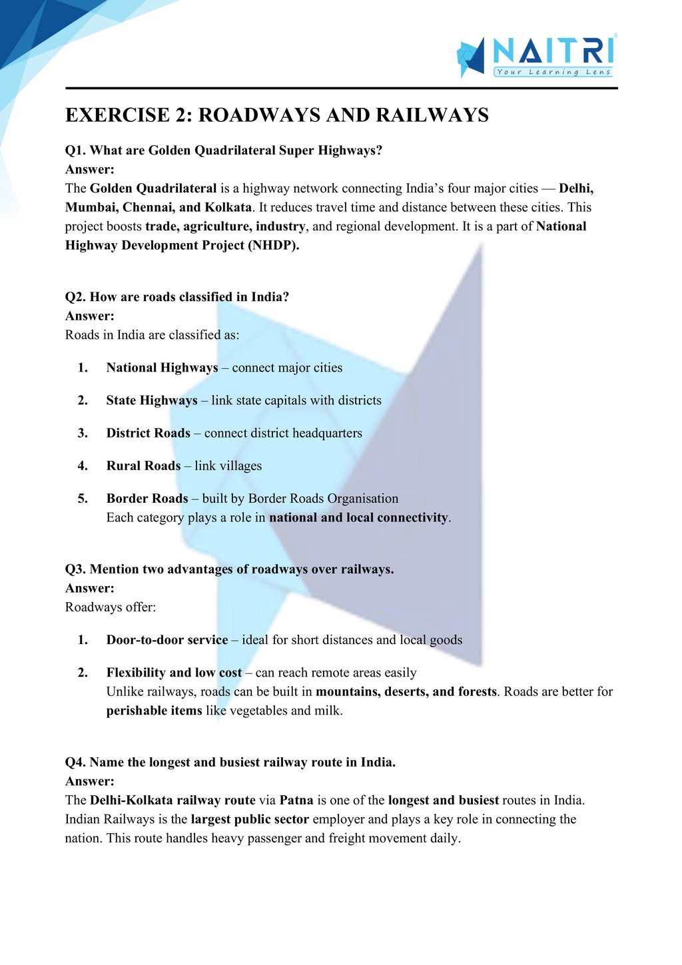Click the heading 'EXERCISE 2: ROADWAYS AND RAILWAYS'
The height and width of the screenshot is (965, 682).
click(x=276, y=115)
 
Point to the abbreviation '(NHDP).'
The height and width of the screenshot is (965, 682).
click(x=274, y=245)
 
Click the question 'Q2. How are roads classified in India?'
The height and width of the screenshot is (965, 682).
click(x=177, y=297)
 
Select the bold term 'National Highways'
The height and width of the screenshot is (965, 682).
click(x=162, y=368)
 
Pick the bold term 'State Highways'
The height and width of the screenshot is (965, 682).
click(x=152, y=400)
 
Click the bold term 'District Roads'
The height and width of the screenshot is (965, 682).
click(x=149, y=433)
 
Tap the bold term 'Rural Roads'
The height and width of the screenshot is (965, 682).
click(x=143, y=466)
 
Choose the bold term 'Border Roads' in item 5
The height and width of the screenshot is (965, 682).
click(x=147, y=498)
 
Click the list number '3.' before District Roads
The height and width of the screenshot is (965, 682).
click(x=83, y=433)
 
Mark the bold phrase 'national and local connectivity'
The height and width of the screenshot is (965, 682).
click(x=358, y=517)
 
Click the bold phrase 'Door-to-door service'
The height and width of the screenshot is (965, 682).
click(x=167, y=640)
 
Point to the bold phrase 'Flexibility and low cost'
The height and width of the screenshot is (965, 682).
click(x=174, y=673)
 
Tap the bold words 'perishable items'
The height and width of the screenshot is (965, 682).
click(x=154, y=711)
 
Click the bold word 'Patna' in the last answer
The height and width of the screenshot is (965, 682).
click(x=296, y=800)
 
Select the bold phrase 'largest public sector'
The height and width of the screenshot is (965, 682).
click(x=250, y=819)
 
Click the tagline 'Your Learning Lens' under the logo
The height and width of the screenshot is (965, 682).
click(x=553, y=72)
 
